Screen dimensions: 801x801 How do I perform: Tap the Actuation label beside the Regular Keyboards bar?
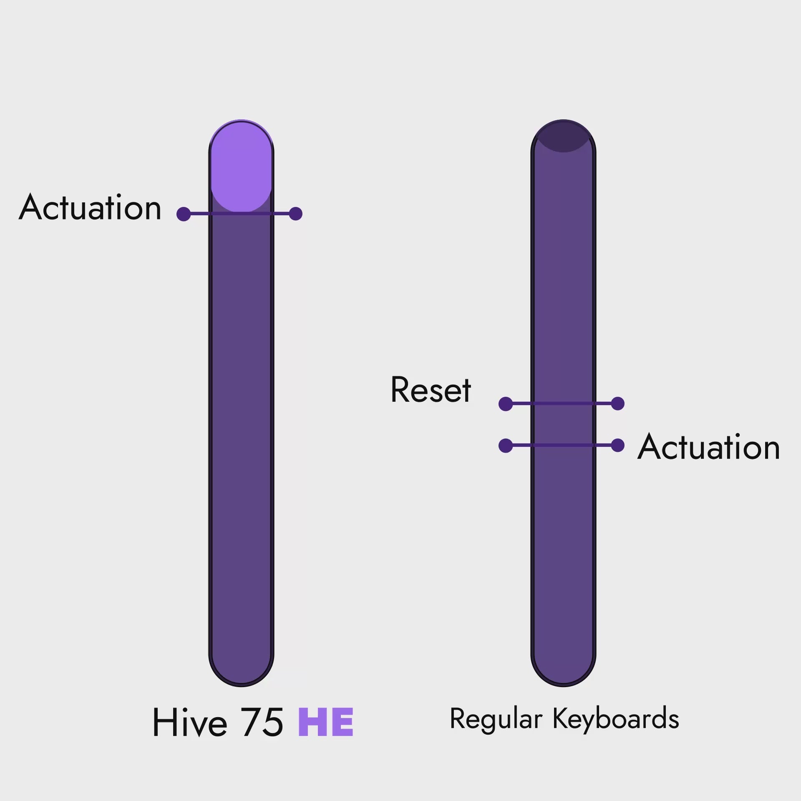pos(709,446)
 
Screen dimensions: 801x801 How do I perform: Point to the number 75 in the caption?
pos(262,722)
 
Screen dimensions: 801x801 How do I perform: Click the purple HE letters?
pos(326,722)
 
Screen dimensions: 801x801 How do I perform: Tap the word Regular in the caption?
pos(496,719)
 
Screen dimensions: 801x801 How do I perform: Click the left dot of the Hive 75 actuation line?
pos(184,214)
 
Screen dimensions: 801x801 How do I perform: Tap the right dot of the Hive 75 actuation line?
pos(295,214)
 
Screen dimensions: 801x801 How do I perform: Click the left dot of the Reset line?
pos(506,404)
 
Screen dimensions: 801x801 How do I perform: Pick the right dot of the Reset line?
pos(617,403)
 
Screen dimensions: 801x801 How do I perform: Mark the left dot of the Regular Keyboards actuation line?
pos(506,446)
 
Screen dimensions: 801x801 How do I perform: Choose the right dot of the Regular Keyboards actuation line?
pos(617,445)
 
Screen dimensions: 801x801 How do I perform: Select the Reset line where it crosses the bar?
pos(563,403)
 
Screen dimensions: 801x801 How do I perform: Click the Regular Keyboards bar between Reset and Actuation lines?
pos(563,425)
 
